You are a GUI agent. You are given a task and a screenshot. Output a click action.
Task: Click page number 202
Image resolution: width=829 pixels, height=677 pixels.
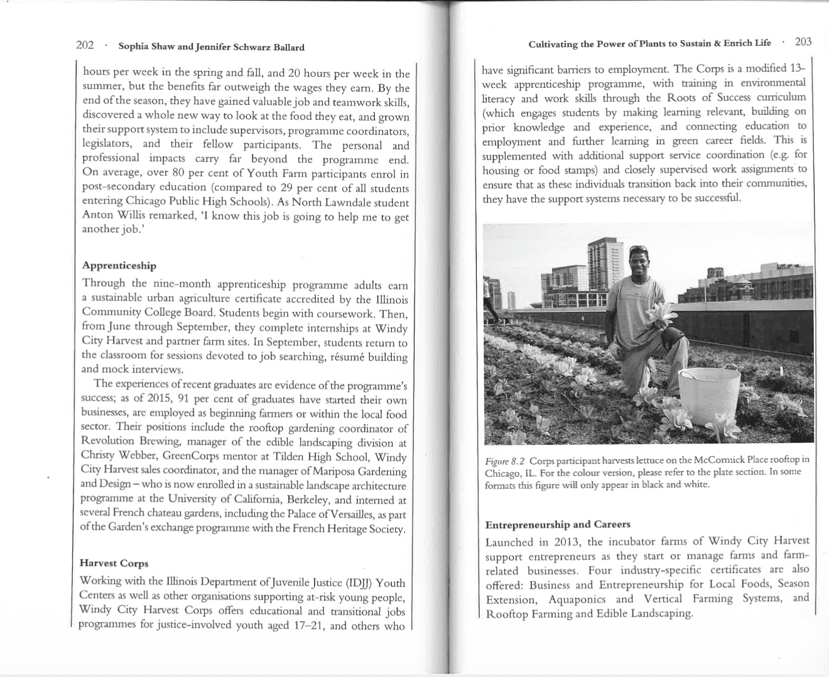tap(85, 45)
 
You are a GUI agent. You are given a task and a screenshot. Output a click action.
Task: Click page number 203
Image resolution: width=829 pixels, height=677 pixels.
tap(803, 42)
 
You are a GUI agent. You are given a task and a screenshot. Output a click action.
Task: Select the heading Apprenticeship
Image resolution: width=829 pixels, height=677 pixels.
tap(119, 266)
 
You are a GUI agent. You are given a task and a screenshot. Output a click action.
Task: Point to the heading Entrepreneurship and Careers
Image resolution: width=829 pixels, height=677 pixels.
tap(558, 524)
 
